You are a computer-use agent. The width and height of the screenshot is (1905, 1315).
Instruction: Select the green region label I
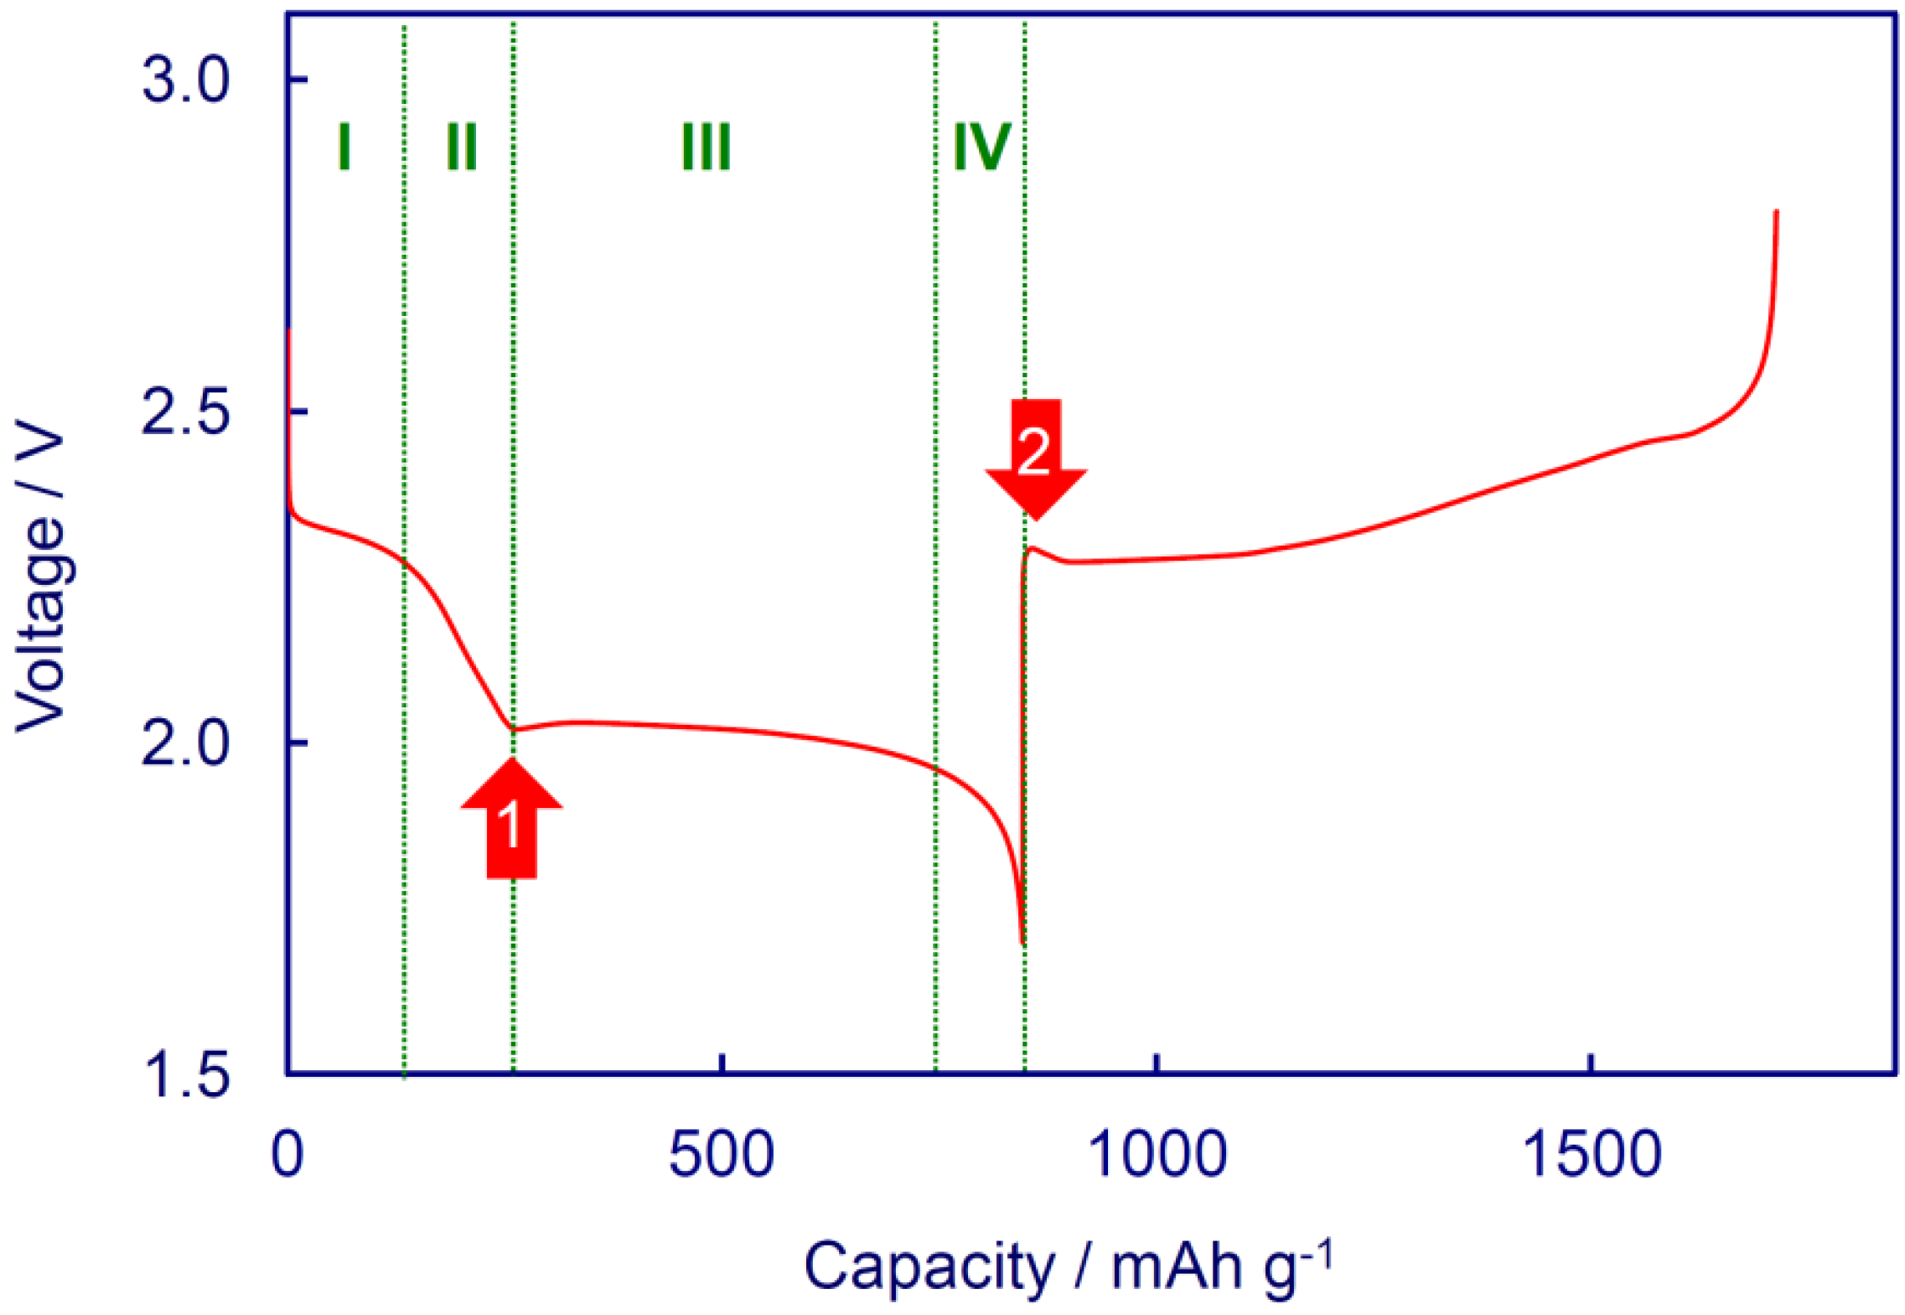[344, 147]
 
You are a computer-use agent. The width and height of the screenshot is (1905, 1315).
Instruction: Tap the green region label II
[461, 147]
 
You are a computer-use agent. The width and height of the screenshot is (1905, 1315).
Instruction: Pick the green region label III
[706, 147]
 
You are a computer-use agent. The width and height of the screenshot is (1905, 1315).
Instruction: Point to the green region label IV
[981, 147]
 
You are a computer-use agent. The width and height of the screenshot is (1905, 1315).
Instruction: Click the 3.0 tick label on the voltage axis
[185, 80]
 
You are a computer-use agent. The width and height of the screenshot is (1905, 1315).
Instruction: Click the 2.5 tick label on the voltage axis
[185, 412]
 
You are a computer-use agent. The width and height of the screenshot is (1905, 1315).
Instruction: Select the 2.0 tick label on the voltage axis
[185, 743]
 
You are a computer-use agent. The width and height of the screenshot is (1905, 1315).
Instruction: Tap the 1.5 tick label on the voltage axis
[185, 1074]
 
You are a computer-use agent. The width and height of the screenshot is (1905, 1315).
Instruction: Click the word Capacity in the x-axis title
[929, 1266]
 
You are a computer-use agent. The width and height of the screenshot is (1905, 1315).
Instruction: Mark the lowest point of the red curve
[1022, 943]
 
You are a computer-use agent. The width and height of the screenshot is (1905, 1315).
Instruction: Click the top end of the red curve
[1776, 212]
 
